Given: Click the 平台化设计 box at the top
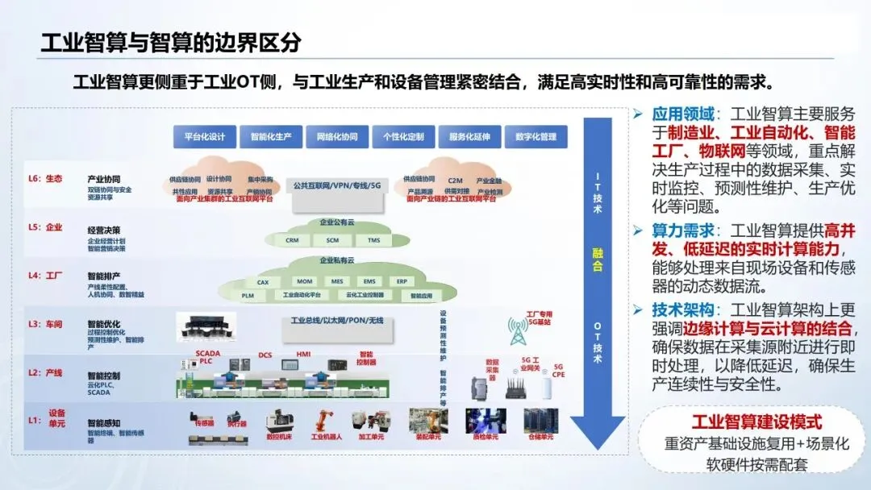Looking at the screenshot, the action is (x=204, y=136).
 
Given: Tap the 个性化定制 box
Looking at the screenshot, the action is (x=403, y=136).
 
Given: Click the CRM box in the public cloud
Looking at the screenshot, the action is (x=292, y=240).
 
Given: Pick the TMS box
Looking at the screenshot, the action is (x=373, y=240).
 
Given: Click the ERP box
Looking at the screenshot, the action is (x=402, y=282).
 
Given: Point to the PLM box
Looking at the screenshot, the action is (x=248, y=296).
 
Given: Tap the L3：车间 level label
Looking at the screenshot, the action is (x=47, y=324).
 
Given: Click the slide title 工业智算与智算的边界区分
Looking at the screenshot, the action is (x=172, y=43).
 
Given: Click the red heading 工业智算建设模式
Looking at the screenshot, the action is (x=756, y=422).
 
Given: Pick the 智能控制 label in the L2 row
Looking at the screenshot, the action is (x=104, y=376).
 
